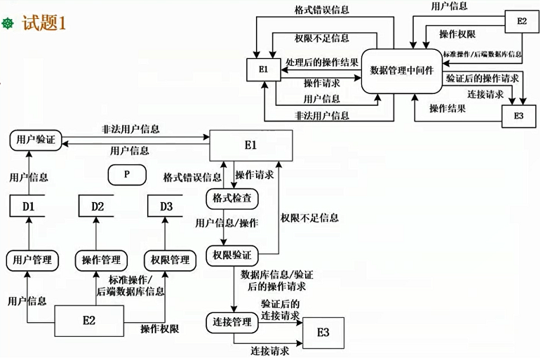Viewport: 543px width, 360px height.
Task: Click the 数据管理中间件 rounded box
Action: click(x=401, y=70)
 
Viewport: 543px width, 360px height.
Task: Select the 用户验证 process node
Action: click(x=32, y=140)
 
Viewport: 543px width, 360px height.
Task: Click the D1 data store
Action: click(x=28, y=206)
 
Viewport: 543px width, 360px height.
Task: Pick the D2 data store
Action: click(x=98, y=206)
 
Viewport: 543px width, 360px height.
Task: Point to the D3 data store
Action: click(x=166, y=206)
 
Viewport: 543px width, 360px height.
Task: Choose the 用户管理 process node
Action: click(x=32, y=260)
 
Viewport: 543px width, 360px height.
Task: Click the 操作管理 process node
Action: click(x=101, y=260)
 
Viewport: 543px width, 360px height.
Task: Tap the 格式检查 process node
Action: click(x=232, y=199)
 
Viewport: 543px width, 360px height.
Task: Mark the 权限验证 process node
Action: click(x=232, y=254)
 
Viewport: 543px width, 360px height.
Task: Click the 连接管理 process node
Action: click(x=232, y=323)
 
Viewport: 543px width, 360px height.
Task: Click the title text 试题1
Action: click(x=44, y=23)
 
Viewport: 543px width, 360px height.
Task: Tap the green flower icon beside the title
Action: click(x=9, y=24)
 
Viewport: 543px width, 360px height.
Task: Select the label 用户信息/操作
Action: click(x=226, y=223)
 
